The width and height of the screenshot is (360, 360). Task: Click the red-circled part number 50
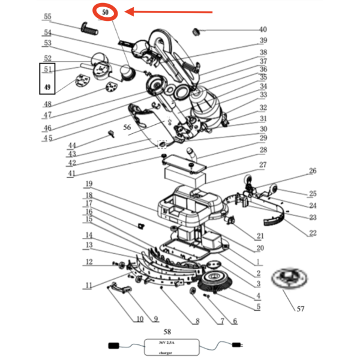click(106, 11)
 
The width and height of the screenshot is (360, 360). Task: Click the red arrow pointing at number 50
click(171, 11)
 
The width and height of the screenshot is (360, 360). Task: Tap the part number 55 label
click(48, 17)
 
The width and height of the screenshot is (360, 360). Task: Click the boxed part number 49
click(47, 88)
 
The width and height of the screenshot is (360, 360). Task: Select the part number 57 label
click(300, 309)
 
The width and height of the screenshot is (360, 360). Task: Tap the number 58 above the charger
click(167, 331)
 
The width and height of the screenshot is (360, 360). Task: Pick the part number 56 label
click(127, 127)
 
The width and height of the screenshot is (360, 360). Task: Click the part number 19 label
click(89, 184)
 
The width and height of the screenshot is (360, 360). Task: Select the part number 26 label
click(312, 171)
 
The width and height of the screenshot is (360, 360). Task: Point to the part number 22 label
click(312, 233)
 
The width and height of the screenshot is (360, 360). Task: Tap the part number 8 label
click(196, 321)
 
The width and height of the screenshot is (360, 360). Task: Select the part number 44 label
click(72, 146)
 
